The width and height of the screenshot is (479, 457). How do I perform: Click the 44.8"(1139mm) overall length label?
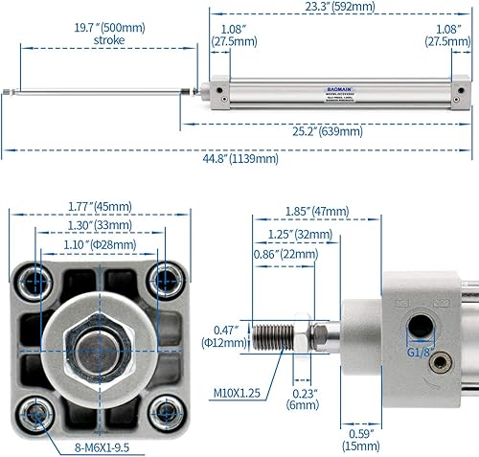(x=239, y=160)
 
